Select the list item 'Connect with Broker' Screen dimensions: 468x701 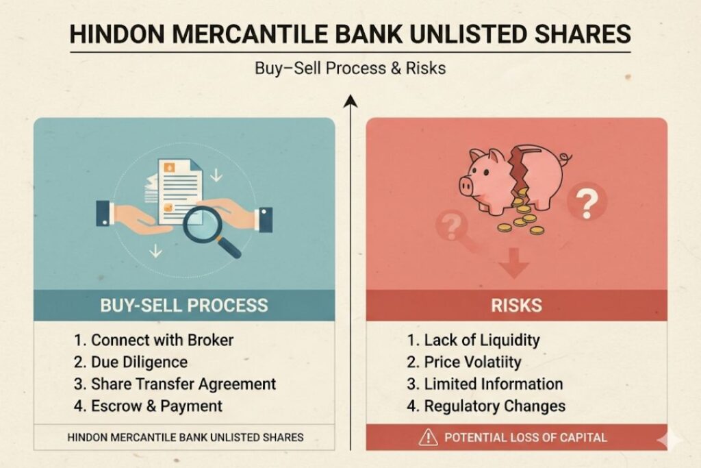(153, 340)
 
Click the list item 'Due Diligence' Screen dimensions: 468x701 (130, 362)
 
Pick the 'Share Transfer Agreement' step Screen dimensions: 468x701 (174, 384)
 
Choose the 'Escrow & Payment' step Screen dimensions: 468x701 (147, 406)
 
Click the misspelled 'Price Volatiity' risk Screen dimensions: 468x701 (463, 362)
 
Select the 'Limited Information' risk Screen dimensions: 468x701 (484, 384)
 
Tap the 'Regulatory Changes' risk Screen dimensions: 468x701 (486, 406)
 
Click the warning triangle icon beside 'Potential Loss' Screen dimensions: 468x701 (429, 437)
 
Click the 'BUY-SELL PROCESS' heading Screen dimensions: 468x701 (184, 305)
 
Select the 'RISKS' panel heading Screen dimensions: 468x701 (517, 305)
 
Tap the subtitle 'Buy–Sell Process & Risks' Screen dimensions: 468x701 (350, 69)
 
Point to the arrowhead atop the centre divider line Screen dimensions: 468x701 (350, 101)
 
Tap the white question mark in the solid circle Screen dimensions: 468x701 (586, 203)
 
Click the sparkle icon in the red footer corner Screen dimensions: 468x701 (661, 440)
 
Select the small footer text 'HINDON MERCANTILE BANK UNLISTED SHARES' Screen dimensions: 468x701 (185, 436)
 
